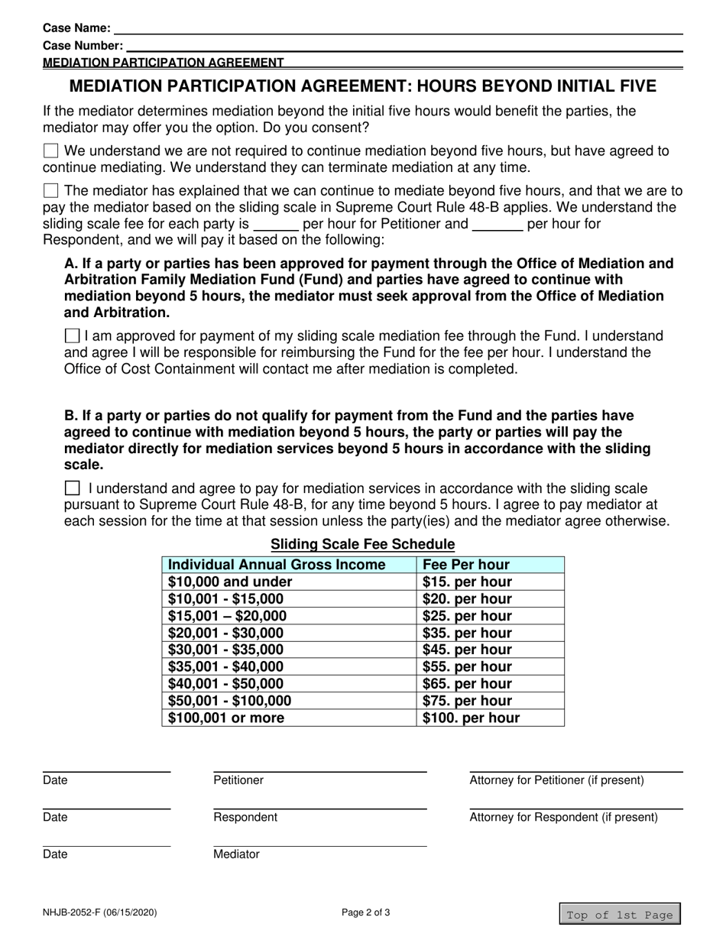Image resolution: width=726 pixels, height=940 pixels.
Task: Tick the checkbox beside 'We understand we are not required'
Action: [50, 151]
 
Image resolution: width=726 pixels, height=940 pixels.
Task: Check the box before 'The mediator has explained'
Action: [50, 190]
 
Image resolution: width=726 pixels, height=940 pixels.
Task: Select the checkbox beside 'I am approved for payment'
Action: [72, 335]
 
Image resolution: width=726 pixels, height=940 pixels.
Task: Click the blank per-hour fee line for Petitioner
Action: [275, 226]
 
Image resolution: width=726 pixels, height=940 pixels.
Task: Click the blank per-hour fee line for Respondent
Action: [497, 226]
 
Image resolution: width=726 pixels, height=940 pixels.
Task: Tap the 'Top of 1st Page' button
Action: [618, 915]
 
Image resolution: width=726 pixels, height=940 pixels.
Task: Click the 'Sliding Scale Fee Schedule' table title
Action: [363, 544]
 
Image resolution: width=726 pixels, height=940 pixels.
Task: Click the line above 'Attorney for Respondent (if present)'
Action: [575, 808]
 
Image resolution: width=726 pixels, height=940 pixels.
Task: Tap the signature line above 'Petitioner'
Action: [319, 771]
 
